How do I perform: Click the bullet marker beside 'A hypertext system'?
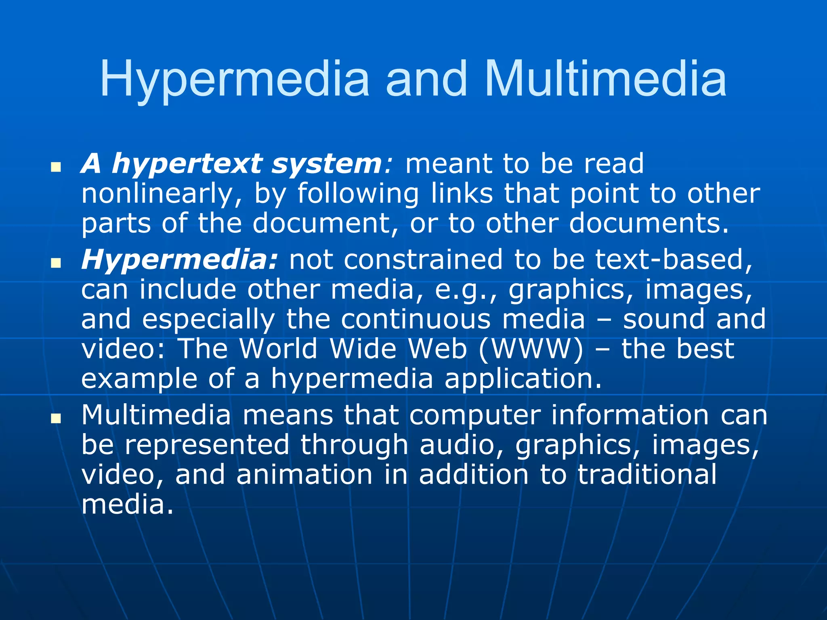point(56,166)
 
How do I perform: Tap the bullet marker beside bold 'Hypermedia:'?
point(56,263)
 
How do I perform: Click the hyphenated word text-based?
point(674,259)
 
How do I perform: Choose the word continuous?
point(416,319)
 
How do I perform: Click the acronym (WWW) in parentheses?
point(531,349)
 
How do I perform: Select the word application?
point(523,379)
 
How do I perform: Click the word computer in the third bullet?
point(475,415)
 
